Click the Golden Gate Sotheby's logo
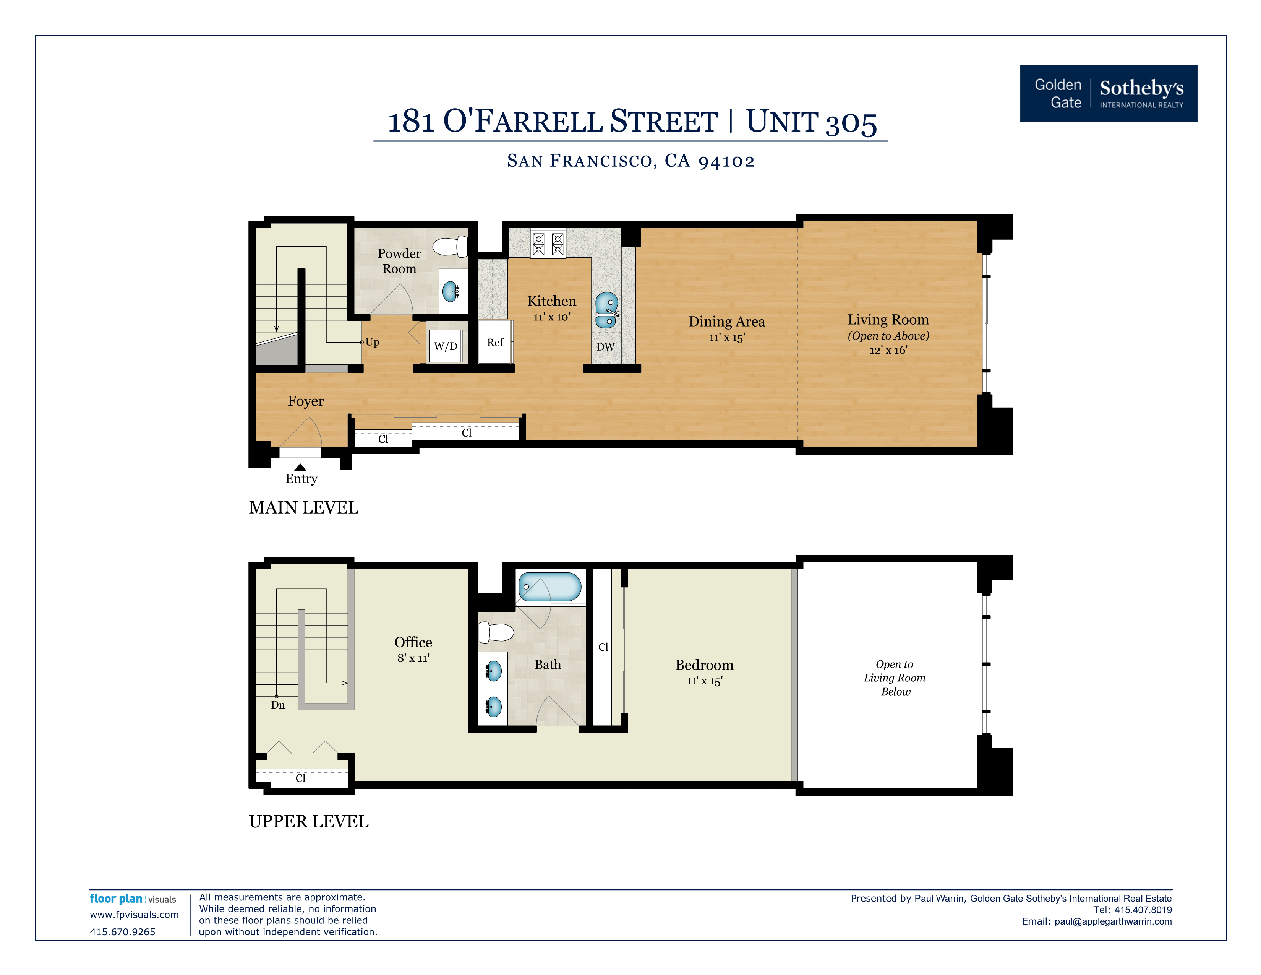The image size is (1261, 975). tap(1109, 94)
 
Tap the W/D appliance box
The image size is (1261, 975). tap(446, 346)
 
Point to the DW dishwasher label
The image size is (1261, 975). tap(606, 346)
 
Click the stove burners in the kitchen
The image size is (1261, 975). tap(548, 244)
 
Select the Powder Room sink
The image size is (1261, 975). tap(451, 291)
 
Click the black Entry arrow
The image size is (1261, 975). tap(300, 467)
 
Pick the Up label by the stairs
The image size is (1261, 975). tap(373, 342)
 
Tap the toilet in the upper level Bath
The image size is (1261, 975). tap(496, 632)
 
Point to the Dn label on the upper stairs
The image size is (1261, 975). tap(278, 705)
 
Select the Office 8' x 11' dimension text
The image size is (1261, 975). tap(413, 658)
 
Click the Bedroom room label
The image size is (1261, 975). tap(704, 665)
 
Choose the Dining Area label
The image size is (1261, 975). tap(727, 322)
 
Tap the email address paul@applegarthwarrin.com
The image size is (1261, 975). tap(1113, 921)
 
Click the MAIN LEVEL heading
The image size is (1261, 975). tap(304, 508)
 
